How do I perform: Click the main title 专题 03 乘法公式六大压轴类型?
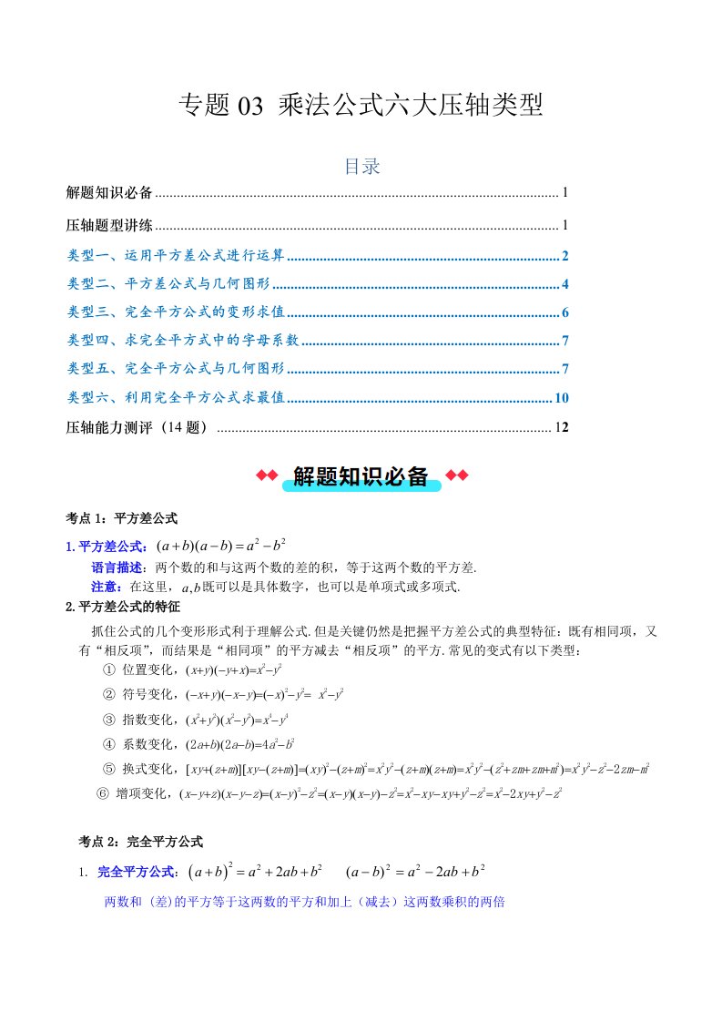pyautogui.click(x=361, y=106)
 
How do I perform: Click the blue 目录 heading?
pyautogui.click(x=361, y=166)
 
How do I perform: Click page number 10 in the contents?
pyautogui.click(x=561, y=397)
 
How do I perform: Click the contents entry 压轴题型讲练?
pyautogui.click(x=109, y=225)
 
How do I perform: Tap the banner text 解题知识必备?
pyautogui.click(x=361, y=475)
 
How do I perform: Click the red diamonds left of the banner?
pyautogui.click(x=267, y=475)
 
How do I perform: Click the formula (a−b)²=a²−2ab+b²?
pyautogui.click(x=415, y=872)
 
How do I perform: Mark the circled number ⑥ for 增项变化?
pyautogui.click(x=102, y=792)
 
